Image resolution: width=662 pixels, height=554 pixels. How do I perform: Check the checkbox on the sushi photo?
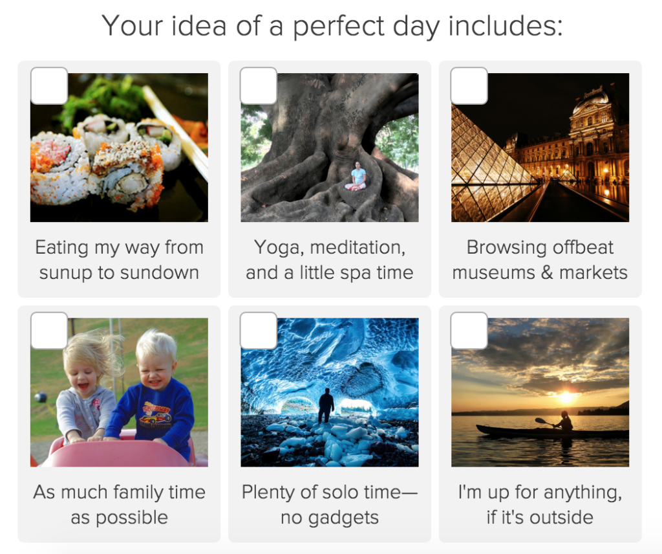click(49, 86)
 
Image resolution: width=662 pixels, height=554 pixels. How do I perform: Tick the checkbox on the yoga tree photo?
click(259, 86)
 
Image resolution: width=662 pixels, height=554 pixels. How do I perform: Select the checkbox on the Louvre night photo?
click(469, 86)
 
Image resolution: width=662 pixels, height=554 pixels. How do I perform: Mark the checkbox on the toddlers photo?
click(49, 331)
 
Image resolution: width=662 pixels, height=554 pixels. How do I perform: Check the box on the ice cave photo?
click(259, 331)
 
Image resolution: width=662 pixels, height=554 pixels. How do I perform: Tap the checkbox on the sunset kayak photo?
click(469, 331)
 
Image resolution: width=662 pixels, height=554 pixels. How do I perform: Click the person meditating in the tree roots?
click(357, 177)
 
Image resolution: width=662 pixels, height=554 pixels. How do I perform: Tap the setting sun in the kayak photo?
click(566, 397)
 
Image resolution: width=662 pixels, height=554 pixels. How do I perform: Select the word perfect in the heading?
click(338, 27)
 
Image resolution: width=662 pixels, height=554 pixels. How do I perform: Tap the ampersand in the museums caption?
click(547, 272)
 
